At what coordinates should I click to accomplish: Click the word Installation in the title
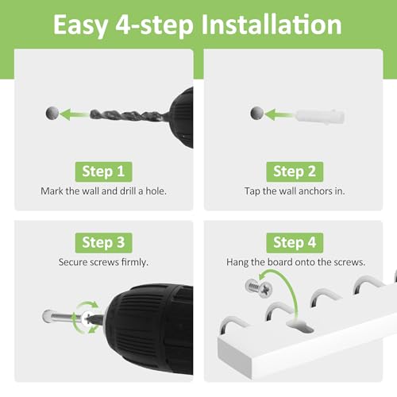(272, 25)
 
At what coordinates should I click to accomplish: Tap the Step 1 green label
(103, 172)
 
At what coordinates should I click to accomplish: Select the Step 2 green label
(295, 172)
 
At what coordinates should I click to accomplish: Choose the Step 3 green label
(103, 243)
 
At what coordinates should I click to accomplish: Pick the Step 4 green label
(295, 243)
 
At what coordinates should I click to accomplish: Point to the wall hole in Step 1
(52, 113)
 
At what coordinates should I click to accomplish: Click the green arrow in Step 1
(74, 114)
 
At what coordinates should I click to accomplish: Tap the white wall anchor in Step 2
(320, 116)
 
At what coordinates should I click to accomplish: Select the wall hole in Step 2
(257, 113)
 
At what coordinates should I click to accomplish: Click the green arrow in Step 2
(279, 114)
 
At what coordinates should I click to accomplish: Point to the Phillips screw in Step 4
(259, 288)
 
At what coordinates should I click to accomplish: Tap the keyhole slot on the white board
(300, 326)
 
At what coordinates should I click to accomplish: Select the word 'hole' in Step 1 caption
(156, 191)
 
